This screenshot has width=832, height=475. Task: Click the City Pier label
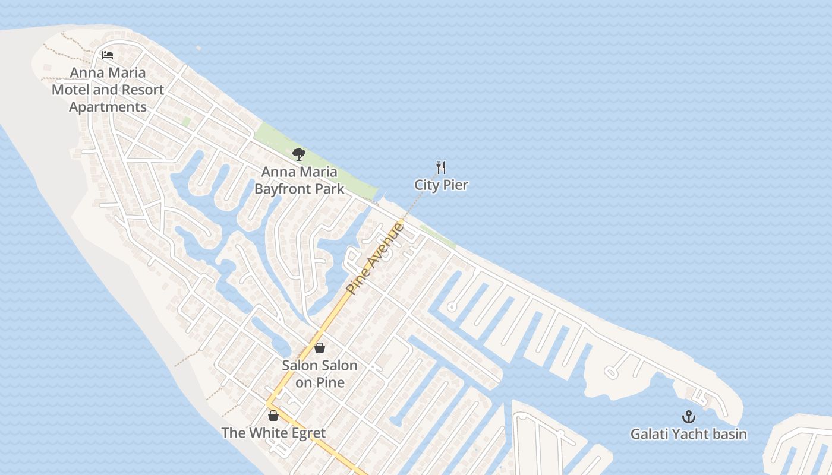(x=441, y=185)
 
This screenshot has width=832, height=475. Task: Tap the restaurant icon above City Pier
(x=441, y=167)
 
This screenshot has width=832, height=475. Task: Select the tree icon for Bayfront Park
(x=299, y=154)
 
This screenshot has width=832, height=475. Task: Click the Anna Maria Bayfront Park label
(x=299, y=180)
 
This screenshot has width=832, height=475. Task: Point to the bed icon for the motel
(x=108, y=55)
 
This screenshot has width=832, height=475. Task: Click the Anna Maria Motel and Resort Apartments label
(x=108, y=90)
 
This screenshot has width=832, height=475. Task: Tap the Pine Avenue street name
(x=376, y=258)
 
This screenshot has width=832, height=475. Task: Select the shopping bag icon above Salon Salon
(x=320, y=348)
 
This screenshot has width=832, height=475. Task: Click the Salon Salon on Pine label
(x=320, y=373)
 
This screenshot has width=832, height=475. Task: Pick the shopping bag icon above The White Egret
(x=273, y=416)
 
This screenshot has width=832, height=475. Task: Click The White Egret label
(x=273, y=433)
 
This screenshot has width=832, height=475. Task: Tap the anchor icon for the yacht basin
(x=688, y=417)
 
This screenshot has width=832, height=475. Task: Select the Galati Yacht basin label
(x=688, y=434)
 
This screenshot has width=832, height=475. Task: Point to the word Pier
(x=455, y=185)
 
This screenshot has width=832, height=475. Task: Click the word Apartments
(x=108, y=107)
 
